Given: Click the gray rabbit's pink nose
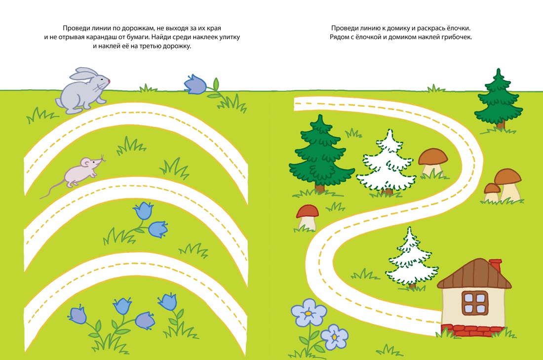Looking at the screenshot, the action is (x=109, y=81).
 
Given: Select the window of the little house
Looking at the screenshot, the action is (x=474, y=303).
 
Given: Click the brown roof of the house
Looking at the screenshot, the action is (x=474, y=274).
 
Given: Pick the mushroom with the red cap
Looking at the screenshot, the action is (x=307, y=218).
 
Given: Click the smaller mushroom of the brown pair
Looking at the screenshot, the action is (x=491, y=193).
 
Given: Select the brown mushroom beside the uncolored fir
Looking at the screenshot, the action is (x=432, y=162).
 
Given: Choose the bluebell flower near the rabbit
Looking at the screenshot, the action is (x=195, y=84).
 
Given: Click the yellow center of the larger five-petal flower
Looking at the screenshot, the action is (x=308, y=313).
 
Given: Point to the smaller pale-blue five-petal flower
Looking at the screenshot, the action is (x=334, y=337).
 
